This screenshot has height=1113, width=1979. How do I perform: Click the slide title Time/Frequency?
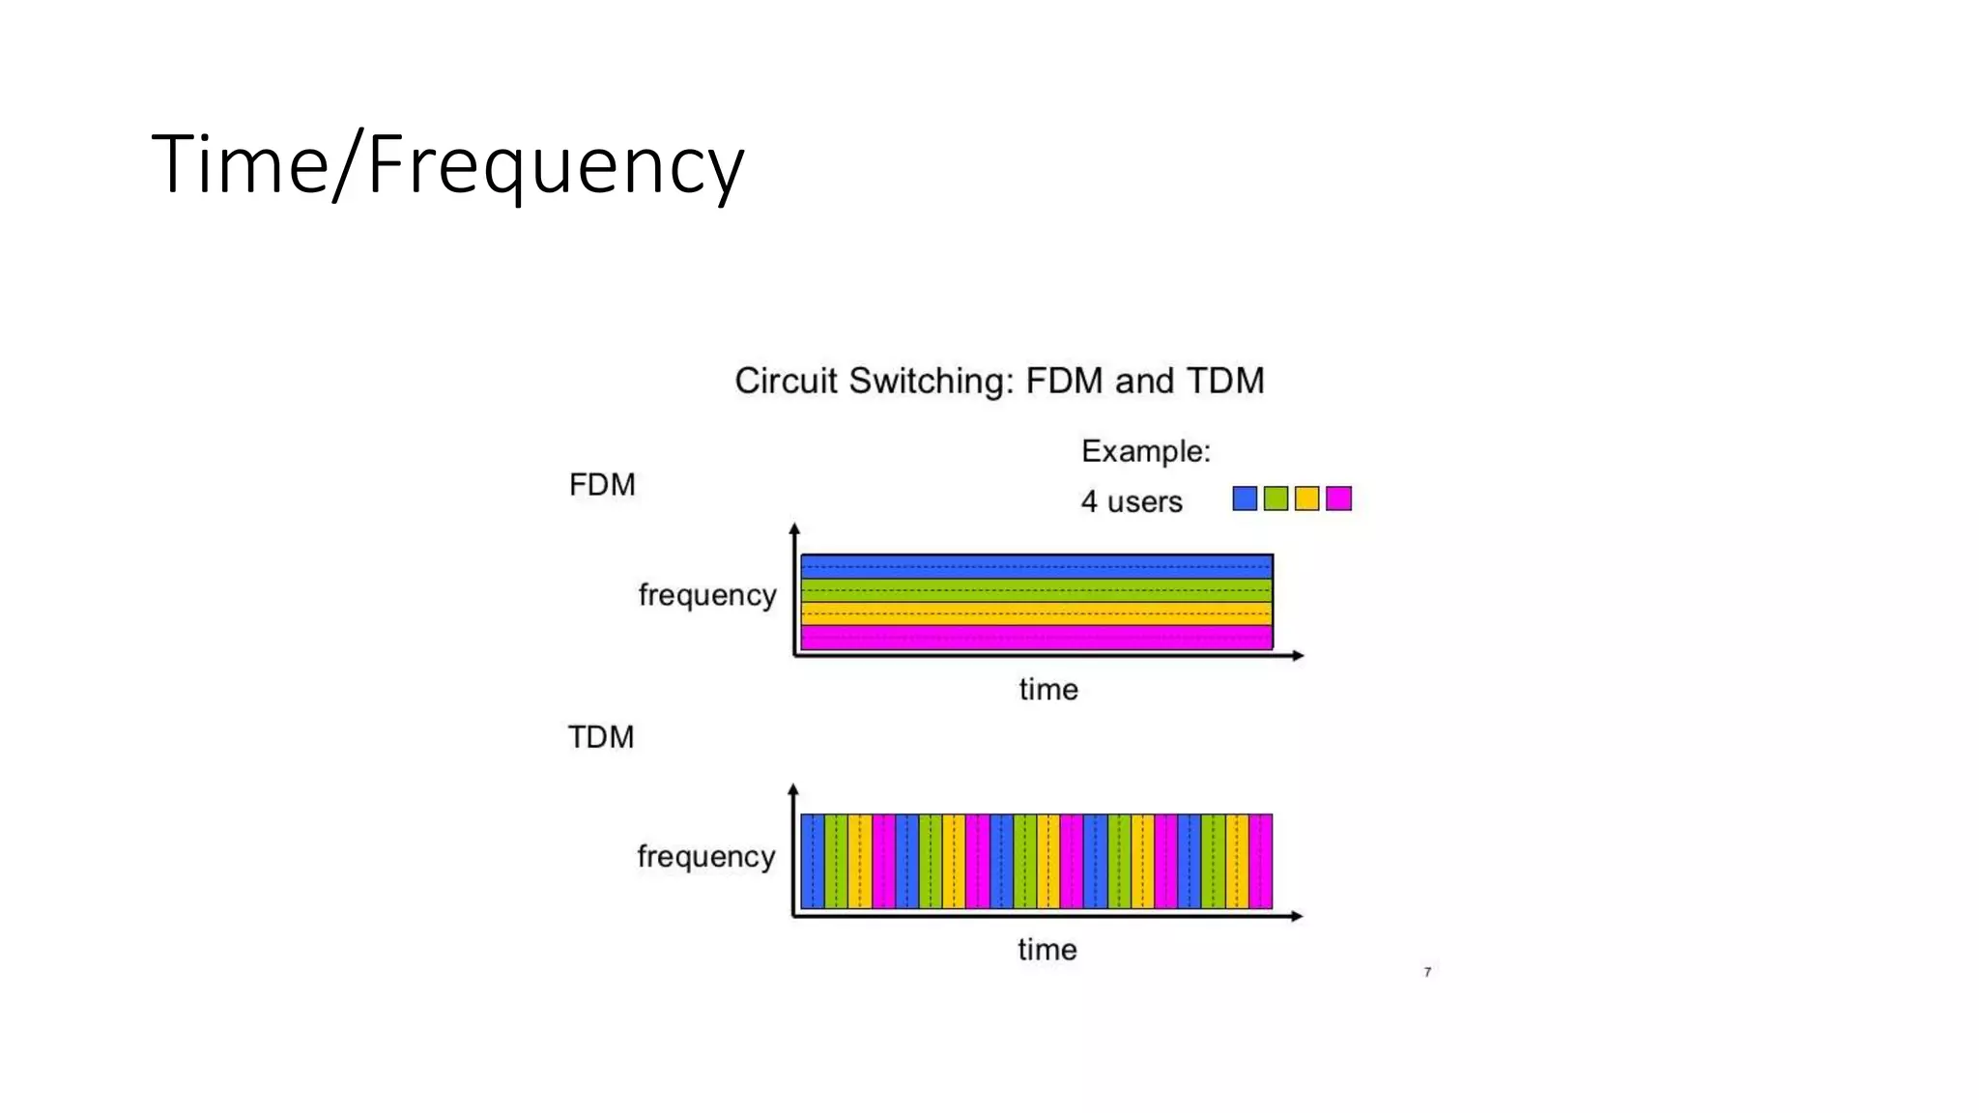tap(447, 164)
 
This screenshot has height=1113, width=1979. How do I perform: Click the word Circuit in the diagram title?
tap(785, 381)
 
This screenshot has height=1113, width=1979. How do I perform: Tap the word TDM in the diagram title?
tap(1224, 381)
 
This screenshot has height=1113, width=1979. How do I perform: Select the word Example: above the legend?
tap(1145, 451)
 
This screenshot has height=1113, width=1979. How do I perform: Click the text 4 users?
tap(1131, 501)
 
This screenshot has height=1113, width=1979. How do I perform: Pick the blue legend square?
tap(1245, 499)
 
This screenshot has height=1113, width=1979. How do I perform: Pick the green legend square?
tap(1276, 499)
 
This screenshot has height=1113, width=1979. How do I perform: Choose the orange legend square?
tap(1306, 499)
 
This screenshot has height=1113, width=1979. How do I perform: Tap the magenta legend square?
tap(1338, 499)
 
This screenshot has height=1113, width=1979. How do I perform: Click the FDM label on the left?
tap(602, 484)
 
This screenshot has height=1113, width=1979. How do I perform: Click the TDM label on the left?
tap(600, 737)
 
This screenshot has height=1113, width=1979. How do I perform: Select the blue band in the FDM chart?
tap(1036, 566)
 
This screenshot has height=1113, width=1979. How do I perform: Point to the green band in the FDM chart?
tap(1036, 590)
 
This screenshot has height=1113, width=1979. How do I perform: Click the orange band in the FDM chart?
tap(1036, 614)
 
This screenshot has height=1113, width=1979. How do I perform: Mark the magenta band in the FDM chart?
tap(1036, 637)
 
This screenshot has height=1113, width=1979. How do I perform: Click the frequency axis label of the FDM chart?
tap(707, 595)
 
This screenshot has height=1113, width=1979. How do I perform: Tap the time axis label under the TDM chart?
tap(1047, 950)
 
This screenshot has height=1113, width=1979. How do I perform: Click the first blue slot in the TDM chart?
tap(812, 861)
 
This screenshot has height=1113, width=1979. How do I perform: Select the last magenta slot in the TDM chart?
tap(1260, 861)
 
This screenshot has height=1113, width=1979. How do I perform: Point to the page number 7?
tap(1427, 972)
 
